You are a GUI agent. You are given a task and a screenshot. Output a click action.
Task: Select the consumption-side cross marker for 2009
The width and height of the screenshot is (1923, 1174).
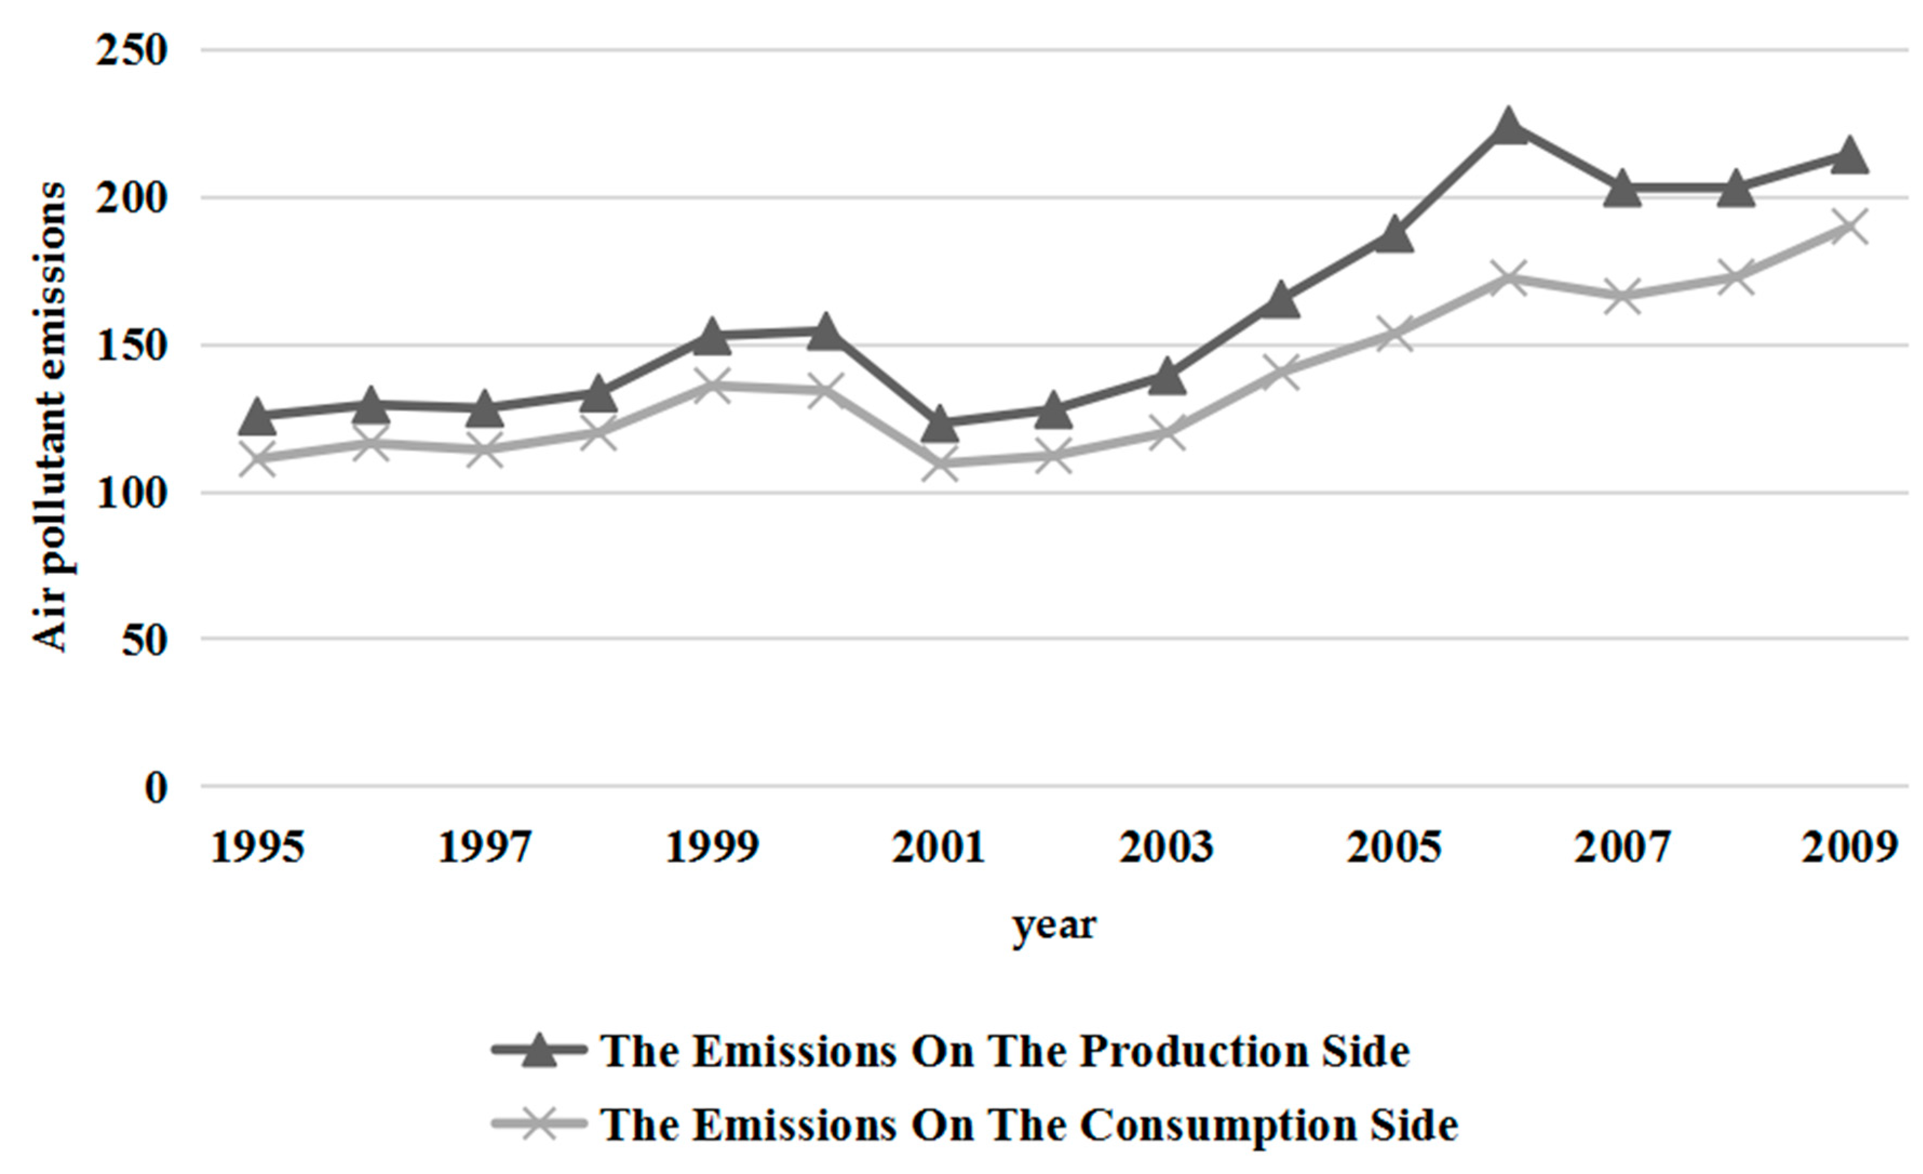click(1849, 227)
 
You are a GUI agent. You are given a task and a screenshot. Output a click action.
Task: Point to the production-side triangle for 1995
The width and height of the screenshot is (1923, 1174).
click(257, 417)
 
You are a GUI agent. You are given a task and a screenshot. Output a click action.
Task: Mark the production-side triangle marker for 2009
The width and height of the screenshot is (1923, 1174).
click(1849, 156)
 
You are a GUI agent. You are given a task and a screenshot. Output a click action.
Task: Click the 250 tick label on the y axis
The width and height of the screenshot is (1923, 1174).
click(131, 51)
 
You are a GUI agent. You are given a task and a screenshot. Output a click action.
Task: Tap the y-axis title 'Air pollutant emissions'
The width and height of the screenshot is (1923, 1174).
click(49, 418)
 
